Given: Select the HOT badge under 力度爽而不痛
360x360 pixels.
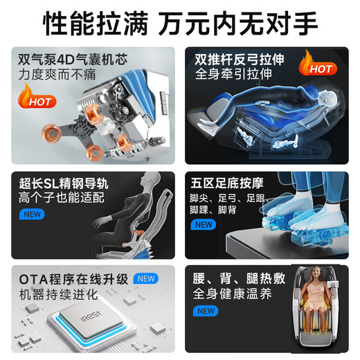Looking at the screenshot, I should (x=37, y=98).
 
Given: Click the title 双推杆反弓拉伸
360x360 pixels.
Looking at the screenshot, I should (x=241, y=60).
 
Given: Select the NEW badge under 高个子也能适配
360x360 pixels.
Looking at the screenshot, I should (x=33, y=214).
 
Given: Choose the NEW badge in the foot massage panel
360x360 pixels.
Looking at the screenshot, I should (x=205, y=224).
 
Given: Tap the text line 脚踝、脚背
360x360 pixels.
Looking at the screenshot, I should (x=217, y=209).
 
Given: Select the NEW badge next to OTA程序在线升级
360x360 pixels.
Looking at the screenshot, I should (x=147, y=278).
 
